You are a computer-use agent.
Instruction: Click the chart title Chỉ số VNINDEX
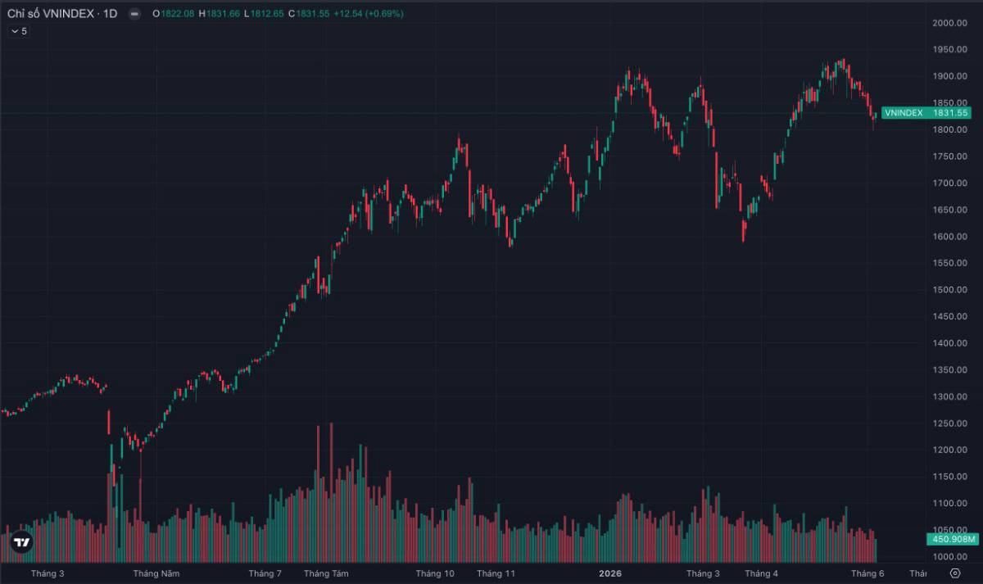tap(51, 14)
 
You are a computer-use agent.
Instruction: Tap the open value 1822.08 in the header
tap(177, 14)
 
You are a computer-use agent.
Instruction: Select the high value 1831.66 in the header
tap(223, 14)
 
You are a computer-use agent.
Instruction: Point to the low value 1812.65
tap(267, 14)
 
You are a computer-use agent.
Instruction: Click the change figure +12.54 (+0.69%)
tap(368, 14)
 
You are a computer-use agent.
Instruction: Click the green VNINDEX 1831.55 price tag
tap(926, 113)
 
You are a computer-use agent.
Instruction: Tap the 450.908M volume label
tap(953, 539)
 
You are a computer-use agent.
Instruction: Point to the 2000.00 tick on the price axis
tap(949, 23)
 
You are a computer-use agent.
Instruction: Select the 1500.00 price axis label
tap(949, 290)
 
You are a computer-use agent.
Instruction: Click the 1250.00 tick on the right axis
tap(949, 423)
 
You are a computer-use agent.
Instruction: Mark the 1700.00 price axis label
tap(949, 183)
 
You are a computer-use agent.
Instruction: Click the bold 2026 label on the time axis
tap(610, 573)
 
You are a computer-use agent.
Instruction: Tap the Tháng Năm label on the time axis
tap(156, 573)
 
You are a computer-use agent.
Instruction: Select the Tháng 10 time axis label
tap(435, 573)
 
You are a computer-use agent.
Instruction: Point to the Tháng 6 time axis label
tap(867, 573)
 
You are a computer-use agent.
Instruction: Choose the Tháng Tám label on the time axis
tap(326, 573)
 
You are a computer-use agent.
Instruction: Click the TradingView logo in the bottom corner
tap(21, 542)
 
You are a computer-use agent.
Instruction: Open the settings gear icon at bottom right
tap(955, 573)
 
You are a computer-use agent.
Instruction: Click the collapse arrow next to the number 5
tap(15, 31)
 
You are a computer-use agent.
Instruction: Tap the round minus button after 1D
tap(134, 14)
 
